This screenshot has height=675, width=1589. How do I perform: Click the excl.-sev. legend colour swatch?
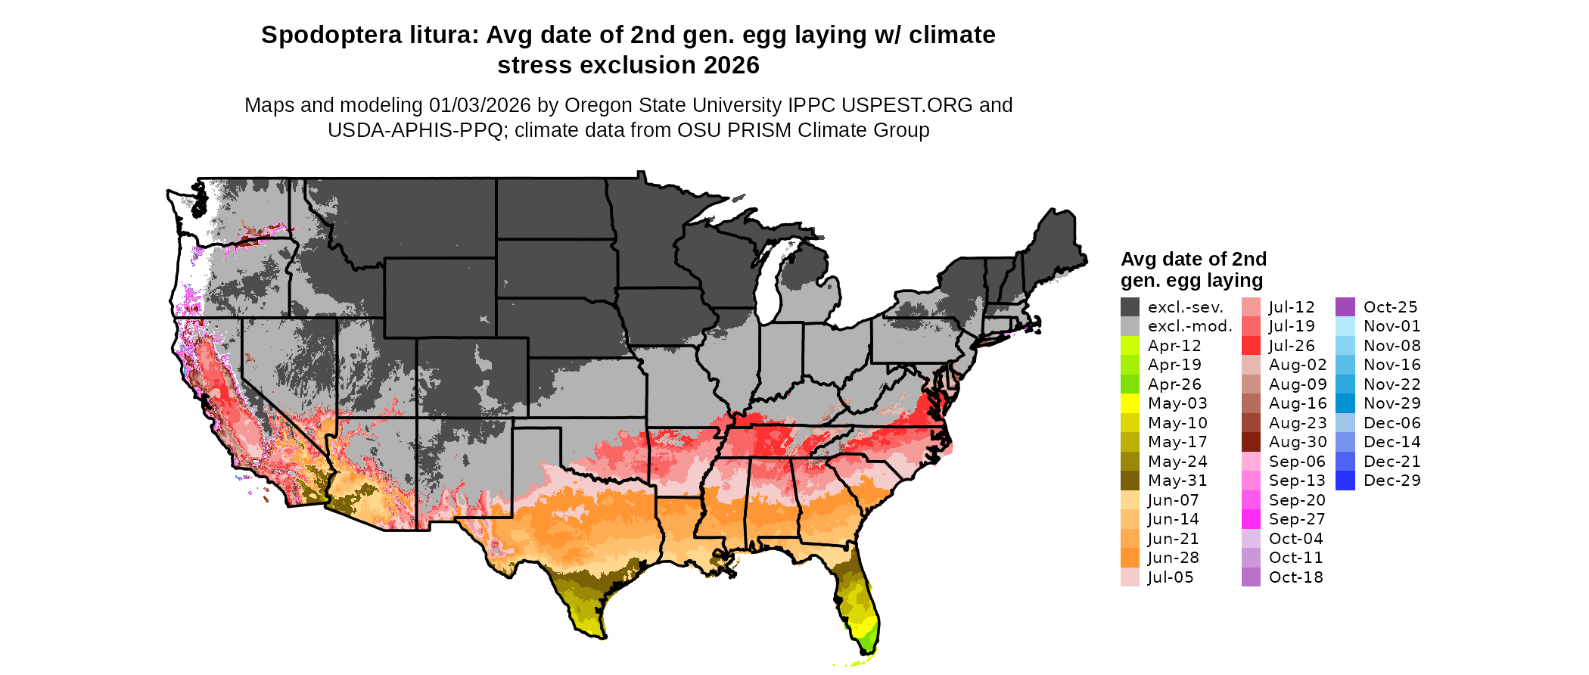click(x=1130, y=307)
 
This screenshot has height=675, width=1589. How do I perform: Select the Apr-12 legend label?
click(x=1174, y=346)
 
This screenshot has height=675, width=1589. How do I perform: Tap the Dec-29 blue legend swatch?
click(x=1345, y=481)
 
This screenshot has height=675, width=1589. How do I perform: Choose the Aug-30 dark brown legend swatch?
click(x=1252, y=442)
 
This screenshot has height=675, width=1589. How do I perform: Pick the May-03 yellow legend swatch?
click(x=1130, y=403)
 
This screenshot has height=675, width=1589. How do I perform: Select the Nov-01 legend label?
click(x=1392, y=326)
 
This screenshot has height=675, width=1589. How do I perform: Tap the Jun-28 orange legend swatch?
click(x=1130, y=558)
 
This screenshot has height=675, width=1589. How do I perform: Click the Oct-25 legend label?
click(x=1391, y=307)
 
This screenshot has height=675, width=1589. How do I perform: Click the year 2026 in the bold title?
click(x=731, y=66)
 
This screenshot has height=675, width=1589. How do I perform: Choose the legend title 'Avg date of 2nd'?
click(x=1193, y=260)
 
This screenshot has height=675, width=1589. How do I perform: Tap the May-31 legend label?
click(x=1177, y=481)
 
